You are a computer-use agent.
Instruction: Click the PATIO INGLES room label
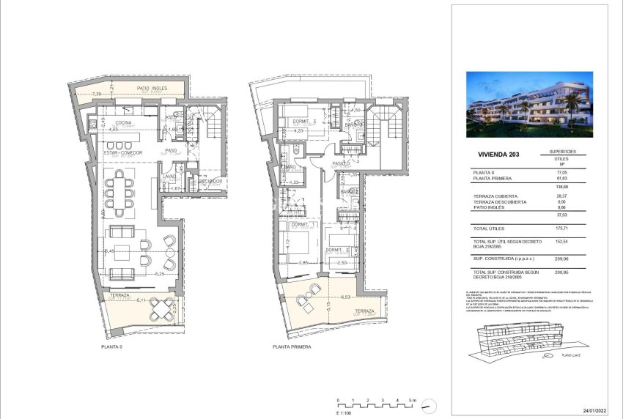tap(152, 88)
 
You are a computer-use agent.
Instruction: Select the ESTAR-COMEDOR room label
tap(122, 152)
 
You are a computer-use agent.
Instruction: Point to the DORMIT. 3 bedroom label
tap(303, 122)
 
